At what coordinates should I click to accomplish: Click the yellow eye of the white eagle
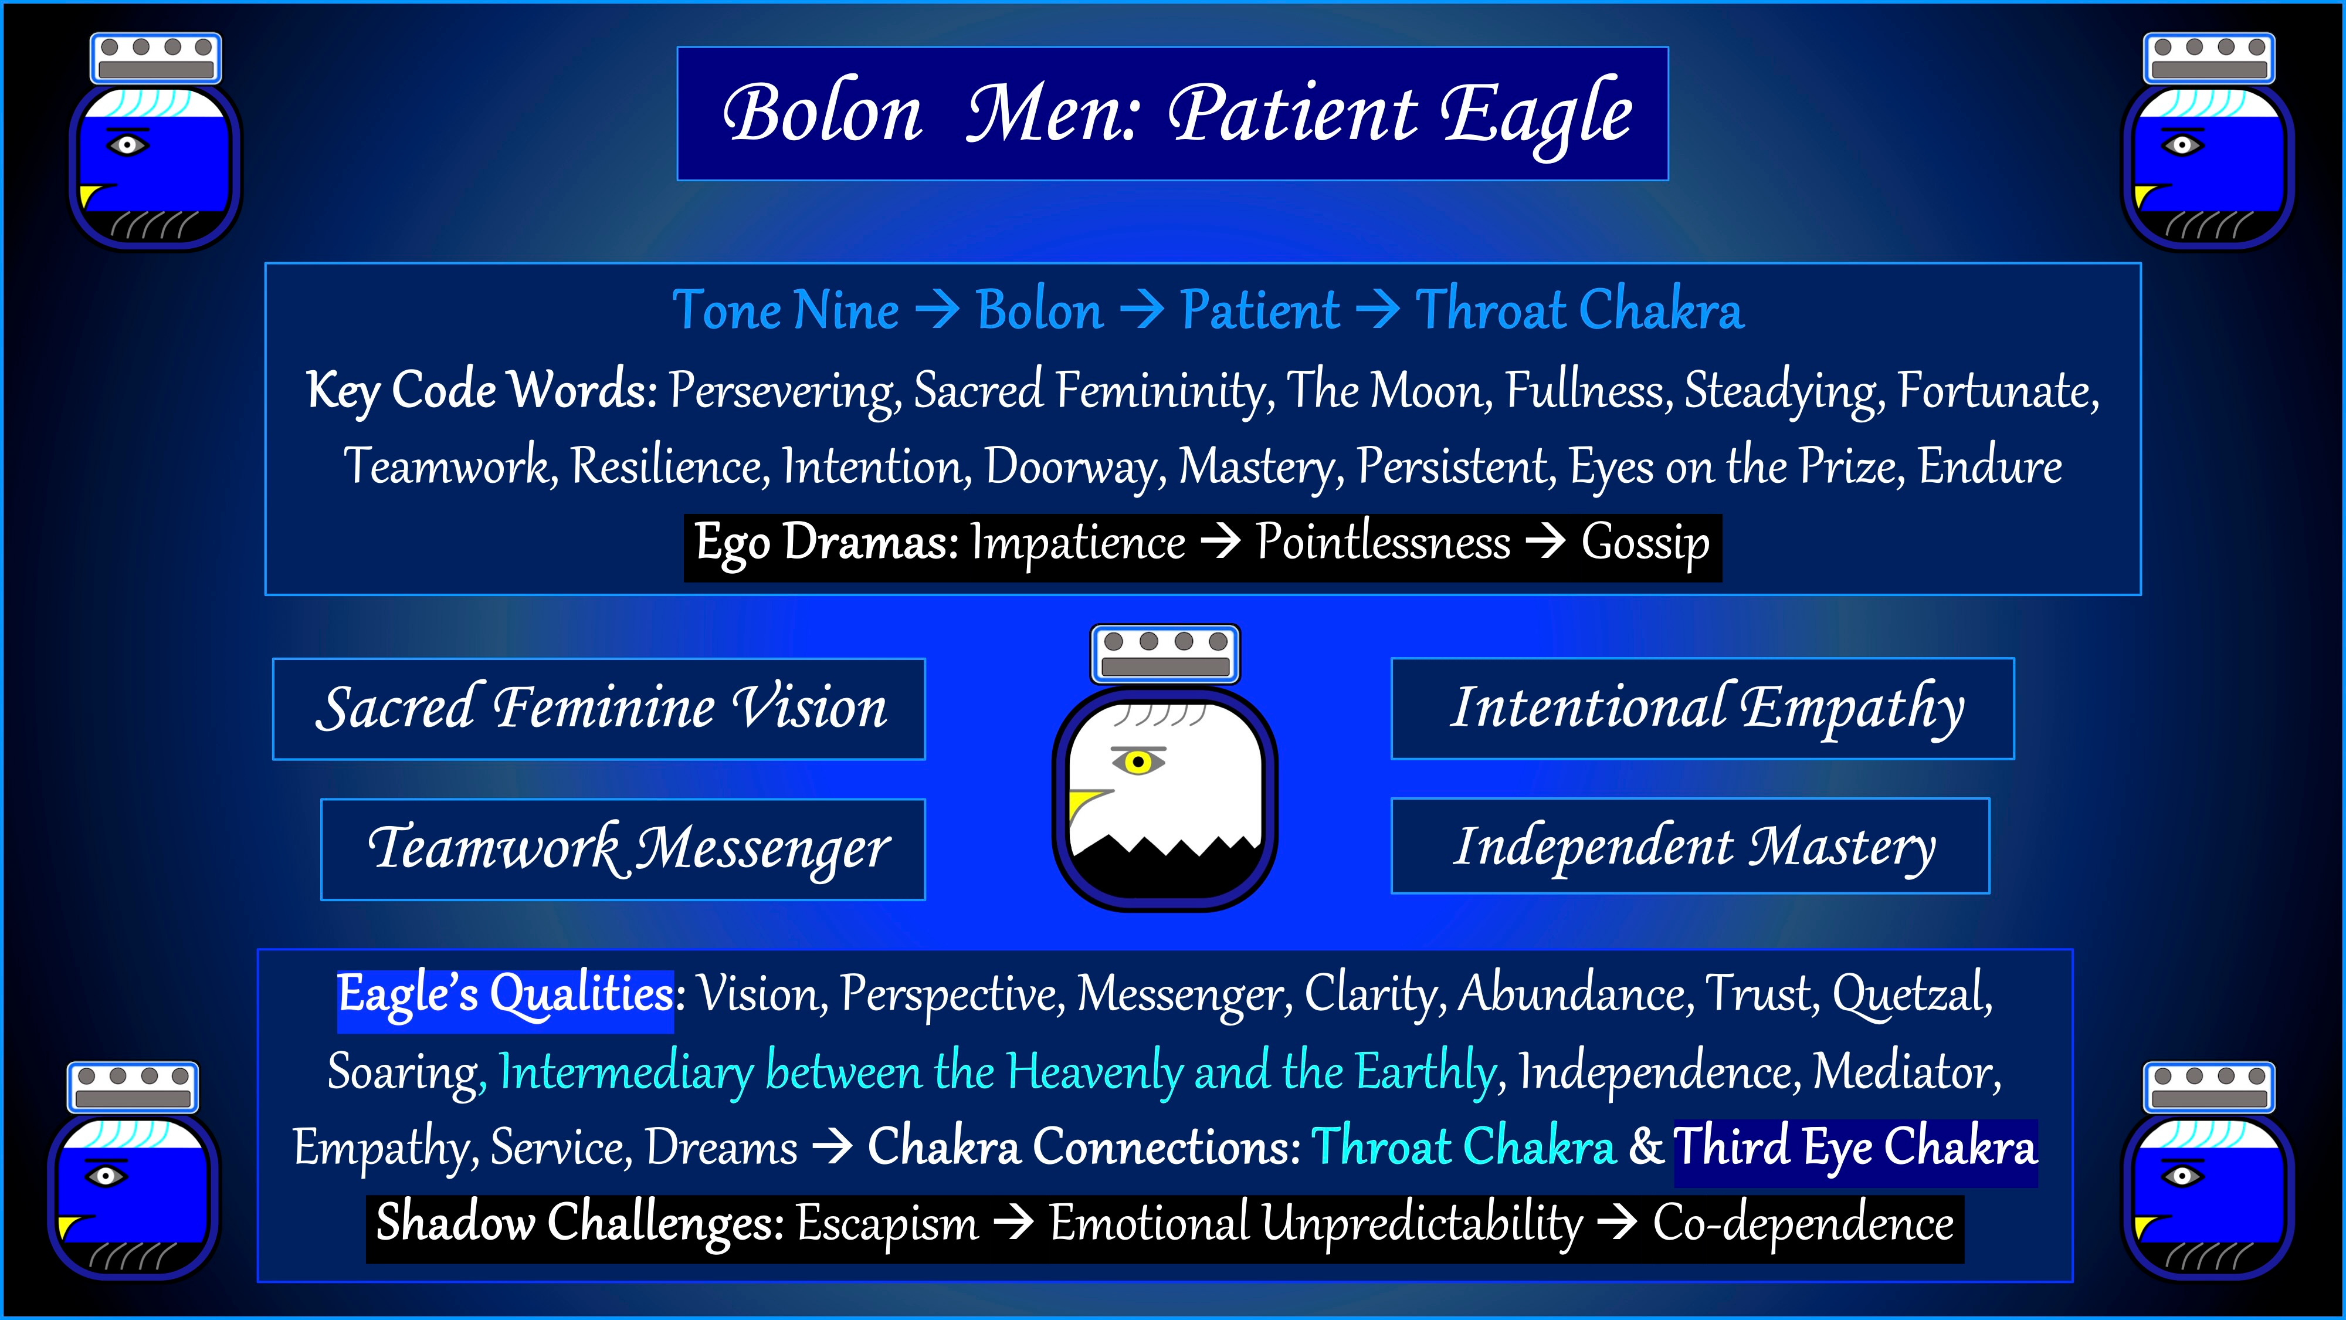1137,761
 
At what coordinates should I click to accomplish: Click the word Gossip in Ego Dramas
1645,544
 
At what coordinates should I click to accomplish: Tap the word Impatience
1077,544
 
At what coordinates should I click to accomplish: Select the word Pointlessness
1382,544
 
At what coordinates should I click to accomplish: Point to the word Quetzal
1911,993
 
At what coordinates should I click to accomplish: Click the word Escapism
887,1223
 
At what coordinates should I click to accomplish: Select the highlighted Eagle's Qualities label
506,995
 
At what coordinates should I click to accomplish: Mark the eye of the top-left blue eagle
127,145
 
